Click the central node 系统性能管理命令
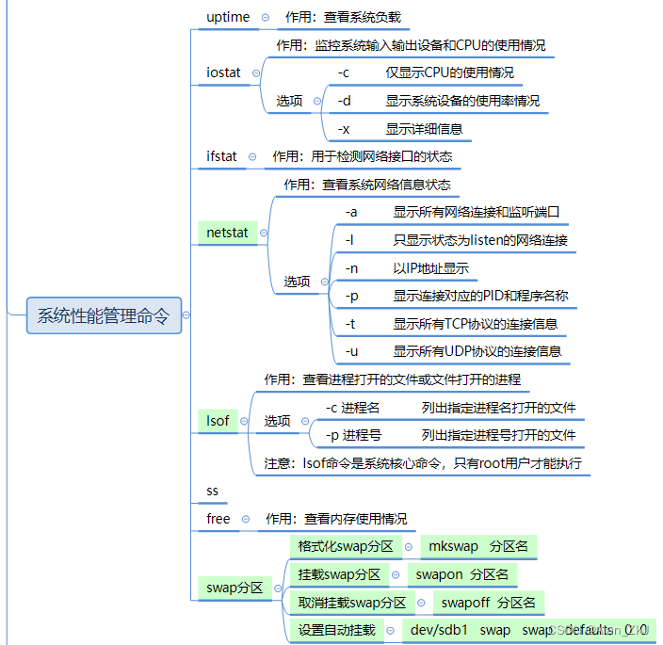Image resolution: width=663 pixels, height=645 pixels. tap(104, 316)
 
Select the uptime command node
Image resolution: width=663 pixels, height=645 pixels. tap(228, 17)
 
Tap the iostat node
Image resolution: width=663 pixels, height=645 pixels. tap(223, 73)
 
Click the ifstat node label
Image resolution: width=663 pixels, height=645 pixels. tap(222, 156)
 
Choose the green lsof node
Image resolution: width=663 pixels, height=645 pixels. tap(218, 420)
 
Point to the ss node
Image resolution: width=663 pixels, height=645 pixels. tap(213, 491)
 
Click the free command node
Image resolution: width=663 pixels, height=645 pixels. tap(218, 519)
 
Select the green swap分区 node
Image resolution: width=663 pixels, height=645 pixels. tap(234, 589)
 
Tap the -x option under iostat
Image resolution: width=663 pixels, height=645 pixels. tap(345, 129)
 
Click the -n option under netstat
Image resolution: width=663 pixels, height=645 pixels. tap(352, 268)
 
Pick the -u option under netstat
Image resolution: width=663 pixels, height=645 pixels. tap(352, 351)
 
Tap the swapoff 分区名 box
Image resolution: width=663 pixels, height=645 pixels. tap(488, 603)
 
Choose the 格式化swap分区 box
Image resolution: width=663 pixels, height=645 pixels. tap(346, 547)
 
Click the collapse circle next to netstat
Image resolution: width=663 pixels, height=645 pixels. tap(263, 233)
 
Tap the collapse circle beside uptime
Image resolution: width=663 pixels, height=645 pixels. tap(265, 18)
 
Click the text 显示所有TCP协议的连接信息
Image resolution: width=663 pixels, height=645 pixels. tap(476, 324)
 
